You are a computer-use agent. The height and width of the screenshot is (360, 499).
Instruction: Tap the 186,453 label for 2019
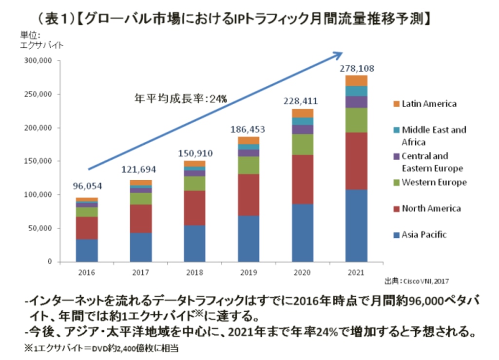tap(248, 130)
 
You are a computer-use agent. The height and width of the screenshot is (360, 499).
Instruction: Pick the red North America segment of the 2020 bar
tap(302, 179)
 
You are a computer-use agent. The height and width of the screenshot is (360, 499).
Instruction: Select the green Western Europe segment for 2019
tap(249, 165)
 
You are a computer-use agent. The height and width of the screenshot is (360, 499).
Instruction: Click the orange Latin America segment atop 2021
tap(356, 80)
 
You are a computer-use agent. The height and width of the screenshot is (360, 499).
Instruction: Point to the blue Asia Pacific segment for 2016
tap(87, 250)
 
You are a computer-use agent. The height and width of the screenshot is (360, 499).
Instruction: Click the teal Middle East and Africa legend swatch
tap(395, 130)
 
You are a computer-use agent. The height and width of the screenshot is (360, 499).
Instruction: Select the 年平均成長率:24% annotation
tap(180, 98)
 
